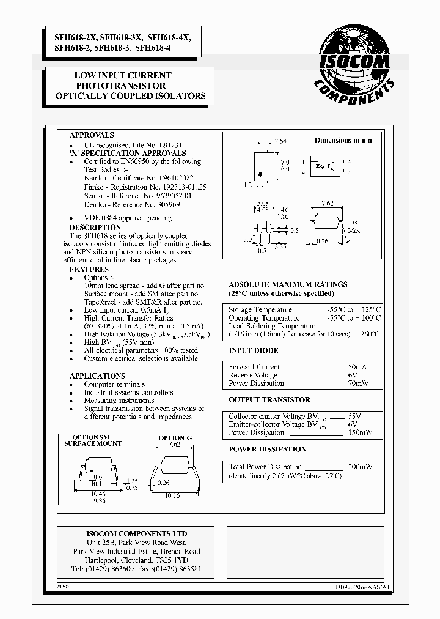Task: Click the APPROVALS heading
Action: [x=92, y=135]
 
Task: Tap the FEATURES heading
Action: [x=89, y=269]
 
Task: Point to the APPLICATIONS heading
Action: [x=97, y=376]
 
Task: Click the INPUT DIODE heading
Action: [x=253, y=351]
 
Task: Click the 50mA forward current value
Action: [x=357, y=367]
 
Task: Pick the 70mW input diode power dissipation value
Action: [x=358, y=384]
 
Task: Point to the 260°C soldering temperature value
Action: [x=370, y=334]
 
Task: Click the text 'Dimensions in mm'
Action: [x=344, y=140]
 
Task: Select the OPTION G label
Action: [x=175, y=437]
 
